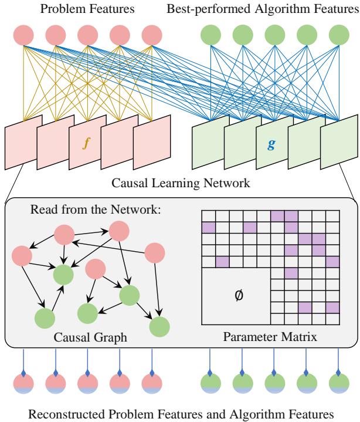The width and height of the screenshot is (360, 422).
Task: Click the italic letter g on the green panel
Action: coord(271,143)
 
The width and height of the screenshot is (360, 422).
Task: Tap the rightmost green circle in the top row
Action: coord(338,35)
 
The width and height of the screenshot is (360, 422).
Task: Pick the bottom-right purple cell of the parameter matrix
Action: coord(333,306)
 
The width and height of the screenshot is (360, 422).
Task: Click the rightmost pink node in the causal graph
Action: coord(155,253)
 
